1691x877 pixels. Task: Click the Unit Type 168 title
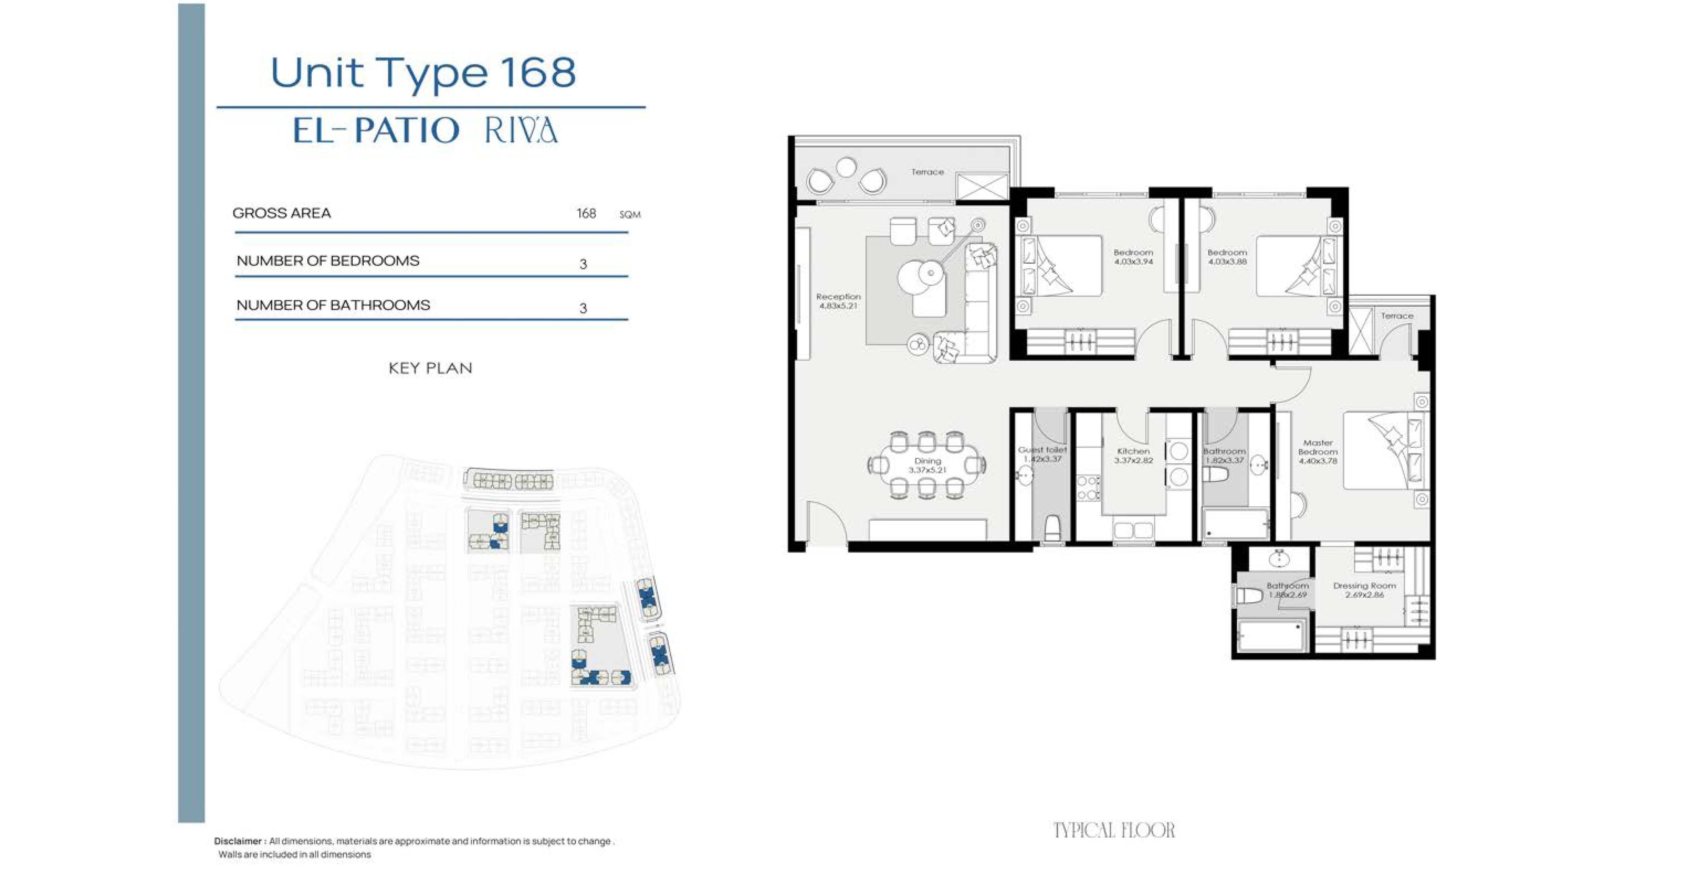coord(423,73)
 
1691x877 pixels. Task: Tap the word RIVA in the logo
coord(521,130)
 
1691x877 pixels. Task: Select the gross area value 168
coord(586,213)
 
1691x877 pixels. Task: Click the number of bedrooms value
coord(583,264)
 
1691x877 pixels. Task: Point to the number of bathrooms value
coord(583,308)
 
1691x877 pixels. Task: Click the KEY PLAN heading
coord(431,368)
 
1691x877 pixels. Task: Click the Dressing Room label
coord(1365,585)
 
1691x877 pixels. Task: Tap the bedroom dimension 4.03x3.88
coord(1227,261)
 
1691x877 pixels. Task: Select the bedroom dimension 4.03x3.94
coord(1134,261)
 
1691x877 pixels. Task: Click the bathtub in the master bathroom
coord(1270,636)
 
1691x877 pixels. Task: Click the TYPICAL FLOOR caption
coord(1114,830)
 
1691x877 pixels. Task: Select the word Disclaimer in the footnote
coord(238,841)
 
